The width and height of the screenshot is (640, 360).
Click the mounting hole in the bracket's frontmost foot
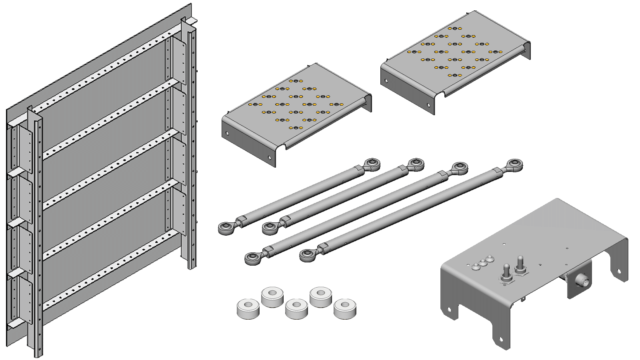point(500,340)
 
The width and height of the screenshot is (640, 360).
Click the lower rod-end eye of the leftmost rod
point(227,228)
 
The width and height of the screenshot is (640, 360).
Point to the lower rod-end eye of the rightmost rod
point(308,254)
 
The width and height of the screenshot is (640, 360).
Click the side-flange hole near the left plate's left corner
point(227,133)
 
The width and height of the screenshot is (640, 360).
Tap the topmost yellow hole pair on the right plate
point(455,29)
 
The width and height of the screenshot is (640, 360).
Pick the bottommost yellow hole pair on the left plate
point(296,128)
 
